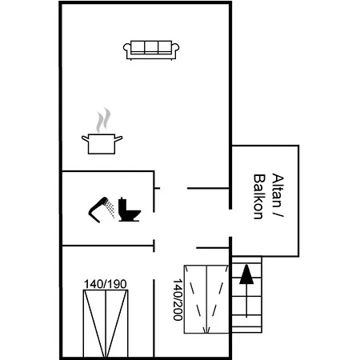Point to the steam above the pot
(x=102, y=121)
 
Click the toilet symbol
(x=128, y=210)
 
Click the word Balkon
(x=258, y=197)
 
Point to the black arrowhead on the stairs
(x=246, y=274)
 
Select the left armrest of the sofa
(x=126, y=52)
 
